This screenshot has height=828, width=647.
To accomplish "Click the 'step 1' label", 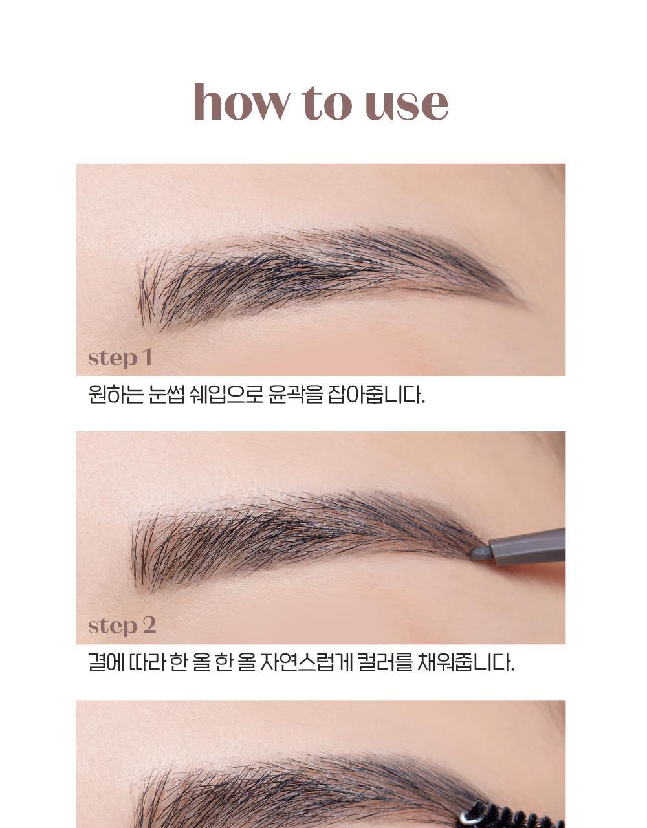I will [120, 358].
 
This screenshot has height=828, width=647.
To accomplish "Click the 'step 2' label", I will [122, 626].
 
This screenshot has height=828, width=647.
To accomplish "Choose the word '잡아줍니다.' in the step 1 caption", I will [377, 394].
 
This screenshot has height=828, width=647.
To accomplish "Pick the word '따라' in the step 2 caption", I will [147, 662].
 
